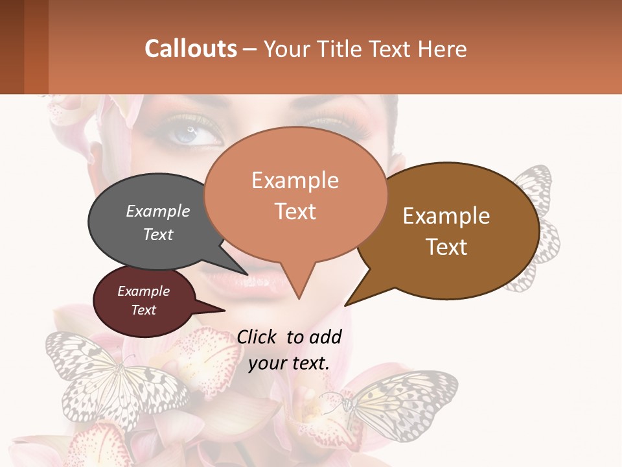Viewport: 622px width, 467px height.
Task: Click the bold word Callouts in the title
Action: point(190,49)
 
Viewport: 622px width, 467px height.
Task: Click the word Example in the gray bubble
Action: point(158,211)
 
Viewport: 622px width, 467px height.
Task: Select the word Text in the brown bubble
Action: point(447,247)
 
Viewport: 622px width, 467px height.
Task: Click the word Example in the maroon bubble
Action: point(143,291)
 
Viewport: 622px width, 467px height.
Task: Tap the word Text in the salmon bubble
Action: point(295,211)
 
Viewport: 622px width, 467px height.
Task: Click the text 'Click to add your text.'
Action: point(289,350)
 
